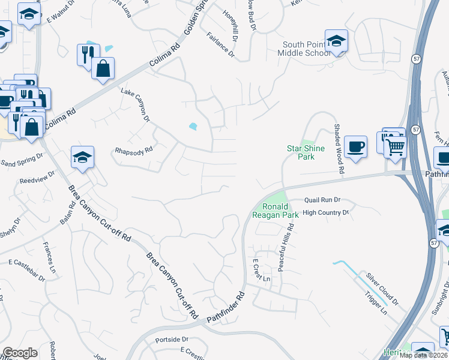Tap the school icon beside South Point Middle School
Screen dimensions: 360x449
(x=336, y=41)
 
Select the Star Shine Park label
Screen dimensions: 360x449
(x=305, y=152)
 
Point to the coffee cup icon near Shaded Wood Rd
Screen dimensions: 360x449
(x=355, y=146)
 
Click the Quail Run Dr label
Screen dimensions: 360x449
(x=322, y=200)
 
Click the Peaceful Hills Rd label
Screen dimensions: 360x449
(x=291, y=247)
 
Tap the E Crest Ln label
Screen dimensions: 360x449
(x=262, y=271)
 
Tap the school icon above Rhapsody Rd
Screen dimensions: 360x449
(x=82, y=158)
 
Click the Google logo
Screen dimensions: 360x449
(x=20, y=353)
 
